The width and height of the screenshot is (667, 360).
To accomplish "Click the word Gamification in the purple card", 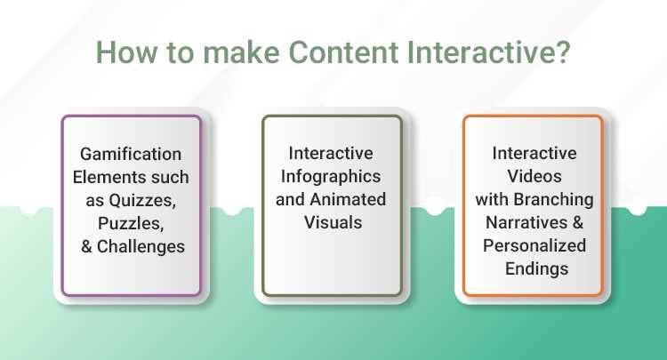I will click(x=132, y=154).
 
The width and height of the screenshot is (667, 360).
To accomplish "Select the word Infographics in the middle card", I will click(x=332, y=176).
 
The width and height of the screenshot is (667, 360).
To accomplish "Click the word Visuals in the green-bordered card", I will click(x=332, y=220).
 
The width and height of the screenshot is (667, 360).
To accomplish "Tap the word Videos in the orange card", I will click(x=534, y=176).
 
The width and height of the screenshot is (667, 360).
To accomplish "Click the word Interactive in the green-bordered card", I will click(x=332, y=154).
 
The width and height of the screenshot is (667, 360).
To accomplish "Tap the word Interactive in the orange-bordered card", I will click(x=534, y=154).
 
